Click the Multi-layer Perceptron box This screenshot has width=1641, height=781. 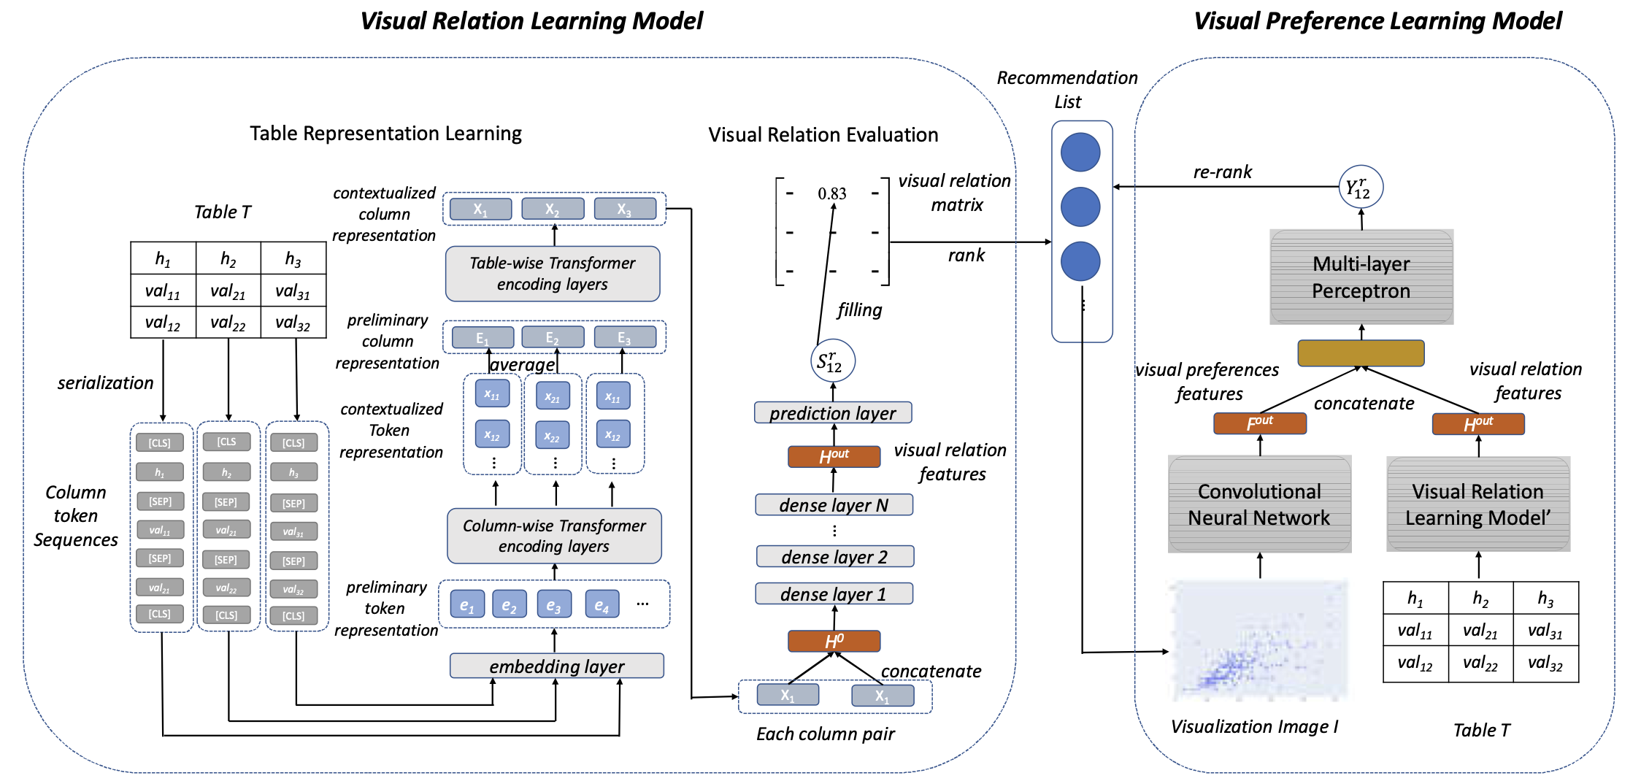[x=1361, y=277]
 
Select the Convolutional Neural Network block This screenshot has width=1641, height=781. [x=1259, y=504]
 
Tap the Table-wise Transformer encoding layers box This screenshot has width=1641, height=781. [x=553, y=274]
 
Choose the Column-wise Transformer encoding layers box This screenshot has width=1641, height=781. [x=554, y=536]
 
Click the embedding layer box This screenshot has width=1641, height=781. [x=556, y=666]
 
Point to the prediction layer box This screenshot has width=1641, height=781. [x=833, y=413]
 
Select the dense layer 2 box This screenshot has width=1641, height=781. [x=834, y=557]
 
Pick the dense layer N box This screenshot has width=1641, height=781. [x=834, y=505]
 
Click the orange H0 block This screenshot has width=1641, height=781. [x=834, y=641]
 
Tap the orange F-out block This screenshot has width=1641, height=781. [x=1259, y=423]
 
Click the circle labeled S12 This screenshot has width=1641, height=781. [x=832, y=361]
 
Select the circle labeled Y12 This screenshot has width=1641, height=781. [x=1360, y=187]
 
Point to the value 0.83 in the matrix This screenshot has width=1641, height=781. [x=832, y=193]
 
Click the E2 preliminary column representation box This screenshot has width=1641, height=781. [x=553, y=337]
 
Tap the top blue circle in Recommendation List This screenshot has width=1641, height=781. [x=1080, y=153]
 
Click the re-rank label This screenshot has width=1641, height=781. [x=1222, y=172]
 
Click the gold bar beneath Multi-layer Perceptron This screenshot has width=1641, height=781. [x=1361, y=353]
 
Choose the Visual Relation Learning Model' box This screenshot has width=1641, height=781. [x=1478, y=504]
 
